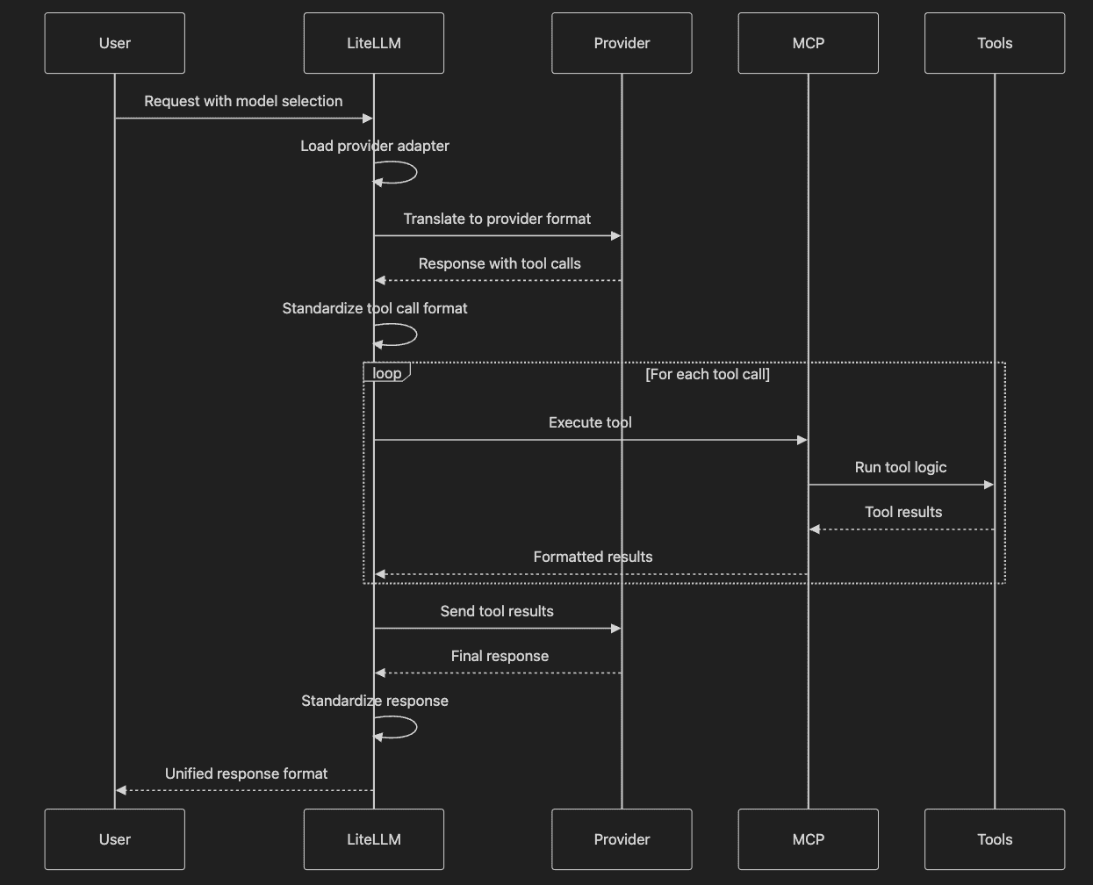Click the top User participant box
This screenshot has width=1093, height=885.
tap(114, 43)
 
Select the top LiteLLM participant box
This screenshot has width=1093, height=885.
tap(374, 43)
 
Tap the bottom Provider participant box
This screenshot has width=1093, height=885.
tap(622, 839)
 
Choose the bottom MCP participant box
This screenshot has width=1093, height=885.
tap(809, 839)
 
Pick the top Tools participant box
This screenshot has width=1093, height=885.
tap(995, 43)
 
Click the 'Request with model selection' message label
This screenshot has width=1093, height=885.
tap(243, 101)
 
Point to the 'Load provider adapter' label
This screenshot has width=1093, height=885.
tap(375, 146)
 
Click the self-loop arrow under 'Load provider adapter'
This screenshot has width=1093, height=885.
tap(416, 172)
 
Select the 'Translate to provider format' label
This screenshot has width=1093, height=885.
tap(497, 219)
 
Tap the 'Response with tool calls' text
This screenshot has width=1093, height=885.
tap(500, 263)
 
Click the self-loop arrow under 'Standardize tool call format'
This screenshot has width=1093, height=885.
tap(416, 335)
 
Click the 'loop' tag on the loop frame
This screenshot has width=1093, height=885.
tap(387, 373)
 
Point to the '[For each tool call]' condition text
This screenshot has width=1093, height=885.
tap(708, 374)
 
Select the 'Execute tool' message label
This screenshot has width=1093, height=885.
tap(590, 422)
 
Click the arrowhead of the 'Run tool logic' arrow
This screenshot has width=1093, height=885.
tap(989, 485)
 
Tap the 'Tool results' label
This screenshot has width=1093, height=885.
tap(903, 512)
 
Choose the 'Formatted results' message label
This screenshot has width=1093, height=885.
tap(593, 557)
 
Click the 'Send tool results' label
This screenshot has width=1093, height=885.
tap(497, 611)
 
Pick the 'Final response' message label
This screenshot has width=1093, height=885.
tap(500, 656)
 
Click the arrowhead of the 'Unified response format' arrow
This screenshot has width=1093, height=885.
tap(121, 790)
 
